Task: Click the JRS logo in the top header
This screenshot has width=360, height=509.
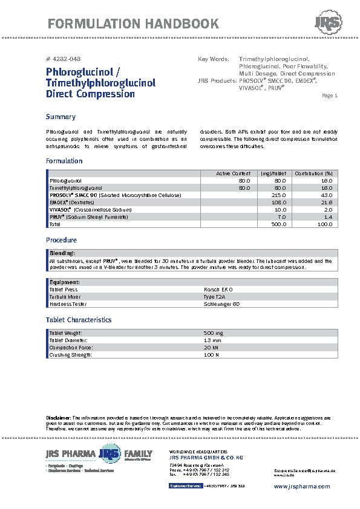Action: pyautogui.click(x=327, y=24)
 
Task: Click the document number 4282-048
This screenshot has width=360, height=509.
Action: pyautogui.click(x=63, y=59)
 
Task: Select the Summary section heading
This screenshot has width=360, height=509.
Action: pyautogui.click(x=61, y=117)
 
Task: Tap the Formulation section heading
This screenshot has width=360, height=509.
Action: pyautogui.click(x=64, y=161)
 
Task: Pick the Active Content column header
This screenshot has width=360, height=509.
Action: pyautogui.click(x=234, y=173)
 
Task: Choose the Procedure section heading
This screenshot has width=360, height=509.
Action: pyautogui.click(x=61, y=240)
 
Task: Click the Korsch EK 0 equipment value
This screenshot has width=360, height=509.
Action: pyautogui.click(x=218, y=290)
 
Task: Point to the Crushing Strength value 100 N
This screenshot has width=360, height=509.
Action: pyautogui.click(x=212, y=355)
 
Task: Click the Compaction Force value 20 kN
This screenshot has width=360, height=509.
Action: pyautogui.click(x=211, y=348)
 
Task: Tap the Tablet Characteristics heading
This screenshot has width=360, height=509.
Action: pyautogui.click(x=79, y=320)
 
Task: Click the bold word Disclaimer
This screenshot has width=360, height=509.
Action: pyautogui.click(x=58, y=418)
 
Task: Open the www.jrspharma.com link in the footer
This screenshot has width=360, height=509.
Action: pyautogui.click(x=302, y=486)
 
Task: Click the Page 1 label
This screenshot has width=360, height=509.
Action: pyautogui.click(x=330, y=96)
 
